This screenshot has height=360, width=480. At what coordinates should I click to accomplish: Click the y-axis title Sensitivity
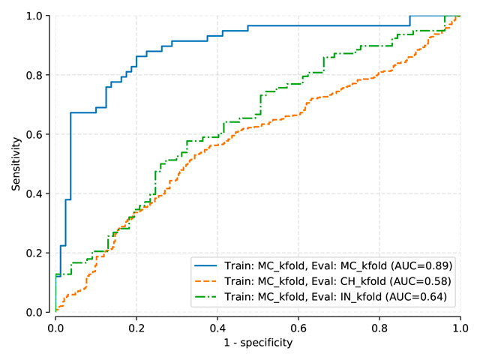(16, 163)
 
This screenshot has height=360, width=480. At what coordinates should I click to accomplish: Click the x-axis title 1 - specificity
(257, 343)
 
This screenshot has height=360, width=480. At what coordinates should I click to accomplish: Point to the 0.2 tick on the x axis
(136, 328)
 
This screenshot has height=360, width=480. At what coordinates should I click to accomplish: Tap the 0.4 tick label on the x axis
(217, 328)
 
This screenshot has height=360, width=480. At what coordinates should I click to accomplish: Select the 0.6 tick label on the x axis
(298, 328)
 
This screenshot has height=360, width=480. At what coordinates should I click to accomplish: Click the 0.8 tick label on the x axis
(379, 328)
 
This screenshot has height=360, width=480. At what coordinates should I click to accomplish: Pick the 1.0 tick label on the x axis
(460, 328)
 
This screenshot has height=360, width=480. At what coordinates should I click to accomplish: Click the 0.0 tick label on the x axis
(55, 328)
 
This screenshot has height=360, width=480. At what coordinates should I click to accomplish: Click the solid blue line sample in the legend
(208, 265)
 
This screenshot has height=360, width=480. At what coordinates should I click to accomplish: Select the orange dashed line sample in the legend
(208, 281)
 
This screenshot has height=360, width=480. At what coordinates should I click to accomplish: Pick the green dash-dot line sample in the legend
(208, 297)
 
